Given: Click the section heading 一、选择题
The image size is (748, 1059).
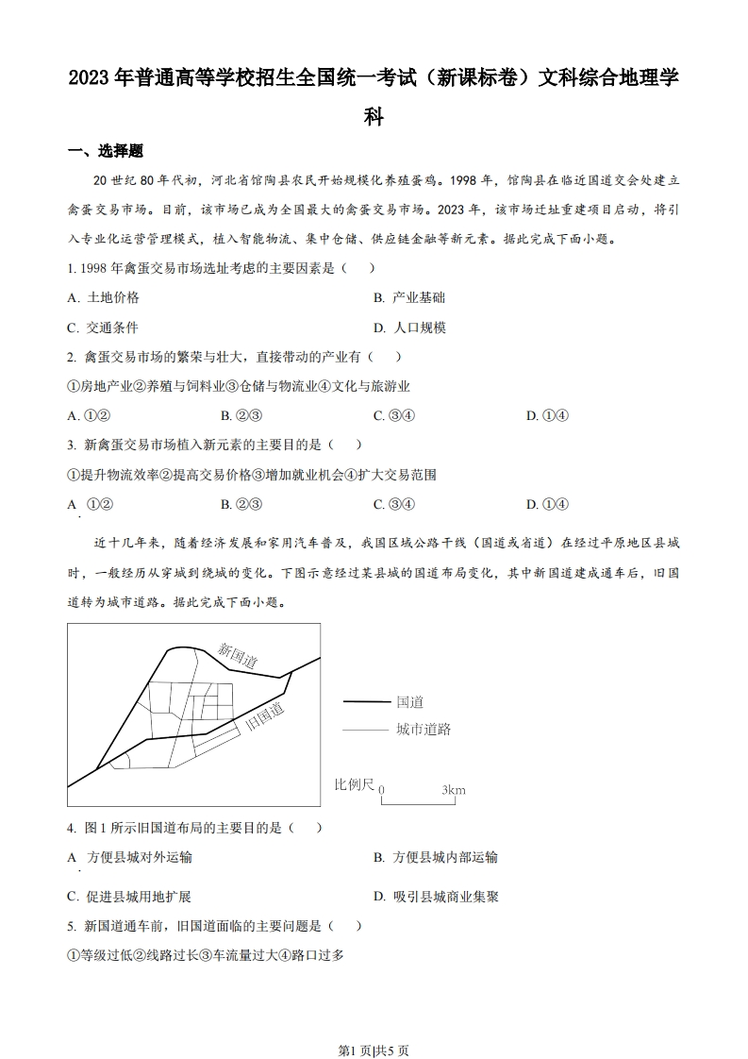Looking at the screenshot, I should [x=105, y=152].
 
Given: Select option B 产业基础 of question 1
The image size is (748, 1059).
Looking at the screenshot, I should [x=408, y=297].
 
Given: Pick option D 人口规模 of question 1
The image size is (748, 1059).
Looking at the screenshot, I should [x=408, y=328].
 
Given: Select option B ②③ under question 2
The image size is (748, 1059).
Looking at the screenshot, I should [x=241, y=415].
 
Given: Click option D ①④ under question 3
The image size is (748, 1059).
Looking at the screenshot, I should [x=547, y=503].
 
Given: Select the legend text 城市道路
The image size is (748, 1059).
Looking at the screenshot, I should [x=424, y=730].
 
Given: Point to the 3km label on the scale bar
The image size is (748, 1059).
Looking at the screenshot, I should [x=453, y=790].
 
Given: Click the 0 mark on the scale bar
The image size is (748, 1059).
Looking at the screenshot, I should [x=381, y=790].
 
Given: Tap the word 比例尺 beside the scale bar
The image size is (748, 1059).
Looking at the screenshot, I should [x=354, y=784].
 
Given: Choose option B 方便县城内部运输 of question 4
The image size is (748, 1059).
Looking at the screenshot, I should [x=435, y=857].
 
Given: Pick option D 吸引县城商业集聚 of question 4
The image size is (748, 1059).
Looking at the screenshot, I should [x=435, y=897].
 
